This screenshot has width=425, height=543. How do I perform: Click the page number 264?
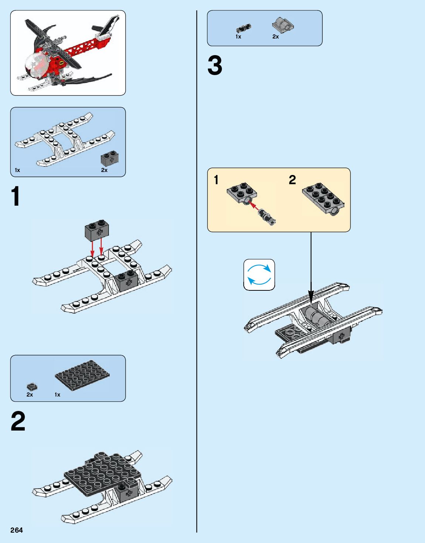tap(17, 530)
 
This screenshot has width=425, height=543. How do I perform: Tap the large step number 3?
tap(215, 65)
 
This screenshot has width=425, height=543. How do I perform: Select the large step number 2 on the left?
tap(18, 421)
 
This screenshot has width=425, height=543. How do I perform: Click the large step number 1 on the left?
tap(16, 196)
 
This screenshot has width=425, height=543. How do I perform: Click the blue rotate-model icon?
tap(259, 274)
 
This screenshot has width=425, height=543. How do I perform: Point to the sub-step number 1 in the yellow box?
tap(216, 180)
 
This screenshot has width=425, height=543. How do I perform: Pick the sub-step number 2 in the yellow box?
tap(292, 180)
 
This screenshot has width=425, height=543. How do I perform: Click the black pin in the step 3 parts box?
tap(243, 28)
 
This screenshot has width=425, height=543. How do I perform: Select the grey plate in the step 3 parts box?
tap(283, 25)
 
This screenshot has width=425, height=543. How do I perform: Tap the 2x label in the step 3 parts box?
tap(275, 37)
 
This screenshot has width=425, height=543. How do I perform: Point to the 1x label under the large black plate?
tap(57, 395)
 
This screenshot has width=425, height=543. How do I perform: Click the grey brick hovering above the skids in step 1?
tap(97, 230)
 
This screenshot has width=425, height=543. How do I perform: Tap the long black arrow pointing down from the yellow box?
tap(311, 266)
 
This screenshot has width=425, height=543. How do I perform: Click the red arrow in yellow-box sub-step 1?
tap(254, 206)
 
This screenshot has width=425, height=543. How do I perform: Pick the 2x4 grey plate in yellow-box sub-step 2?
tap(322, 198)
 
